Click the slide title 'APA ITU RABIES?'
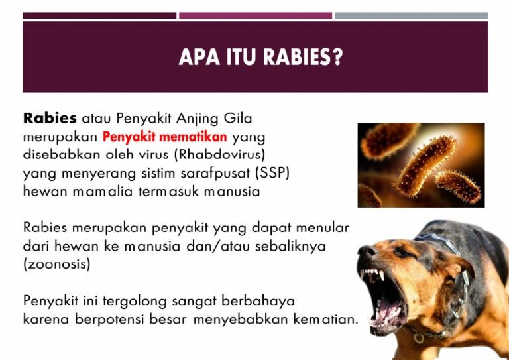click(x=260, y=58)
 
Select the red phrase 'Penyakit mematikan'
click(x=165, y=138)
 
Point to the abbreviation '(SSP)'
click(x=273, y=174)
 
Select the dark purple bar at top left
click(x=99, y=15)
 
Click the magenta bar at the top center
click(x=255, y=15)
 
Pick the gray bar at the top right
click(x=411, y=15)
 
